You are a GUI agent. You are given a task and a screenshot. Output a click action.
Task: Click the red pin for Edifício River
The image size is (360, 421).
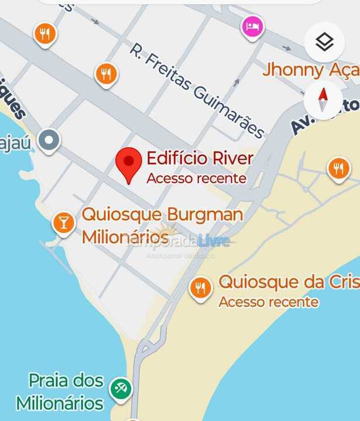129,163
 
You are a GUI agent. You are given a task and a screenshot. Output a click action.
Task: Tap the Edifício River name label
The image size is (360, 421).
200,158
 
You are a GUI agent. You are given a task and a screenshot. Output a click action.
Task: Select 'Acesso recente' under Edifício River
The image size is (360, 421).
196,178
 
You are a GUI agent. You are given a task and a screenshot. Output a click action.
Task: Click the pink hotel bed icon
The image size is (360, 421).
252,27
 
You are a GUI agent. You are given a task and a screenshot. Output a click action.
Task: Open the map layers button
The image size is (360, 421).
324,42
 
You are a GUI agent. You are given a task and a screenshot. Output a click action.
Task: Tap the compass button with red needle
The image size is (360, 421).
323,100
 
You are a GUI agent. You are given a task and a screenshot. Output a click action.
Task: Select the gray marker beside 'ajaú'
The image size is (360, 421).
49,141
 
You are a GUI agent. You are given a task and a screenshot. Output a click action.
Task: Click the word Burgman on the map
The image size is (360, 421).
205,214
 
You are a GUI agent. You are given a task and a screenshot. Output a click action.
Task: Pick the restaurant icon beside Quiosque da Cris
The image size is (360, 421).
201,288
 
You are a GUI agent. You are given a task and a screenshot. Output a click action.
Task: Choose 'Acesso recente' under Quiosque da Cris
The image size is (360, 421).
269,302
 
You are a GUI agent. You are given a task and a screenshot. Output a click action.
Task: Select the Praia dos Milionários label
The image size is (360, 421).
60,392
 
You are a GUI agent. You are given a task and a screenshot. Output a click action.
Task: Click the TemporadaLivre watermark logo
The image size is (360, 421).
181,240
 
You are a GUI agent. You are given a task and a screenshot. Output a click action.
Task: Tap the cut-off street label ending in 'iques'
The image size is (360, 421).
15,105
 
